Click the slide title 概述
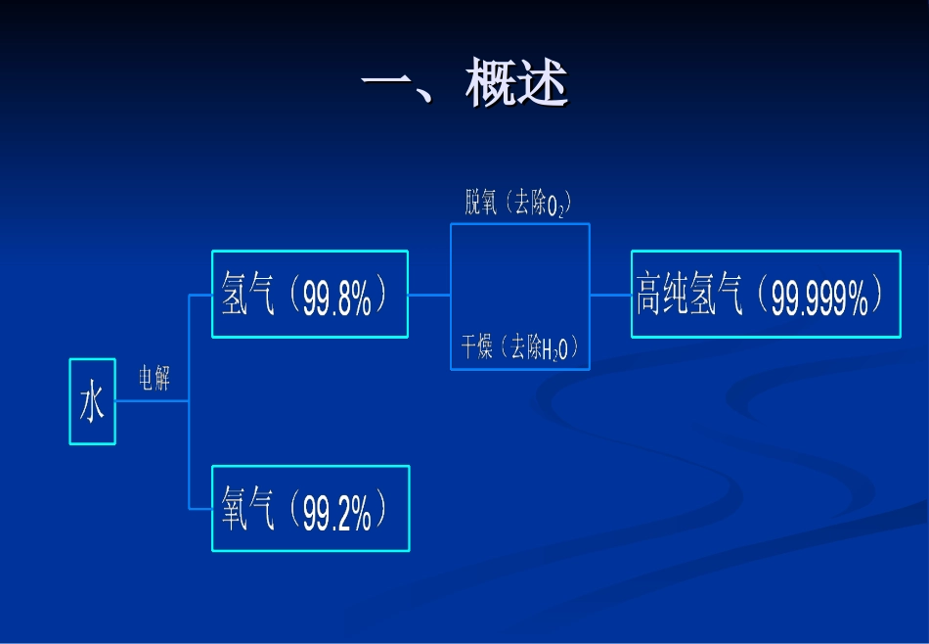516,84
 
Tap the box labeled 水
92,401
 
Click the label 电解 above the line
154,378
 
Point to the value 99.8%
337,298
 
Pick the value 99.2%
337,513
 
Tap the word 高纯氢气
690,295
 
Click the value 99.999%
819,299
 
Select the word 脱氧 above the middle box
481,203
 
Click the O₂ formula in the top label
555,207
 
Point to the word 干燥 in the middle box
477,347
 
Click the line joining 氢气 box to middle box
429,294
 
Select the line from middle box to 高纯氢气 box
610,294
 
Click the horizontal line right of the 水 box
152,400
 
